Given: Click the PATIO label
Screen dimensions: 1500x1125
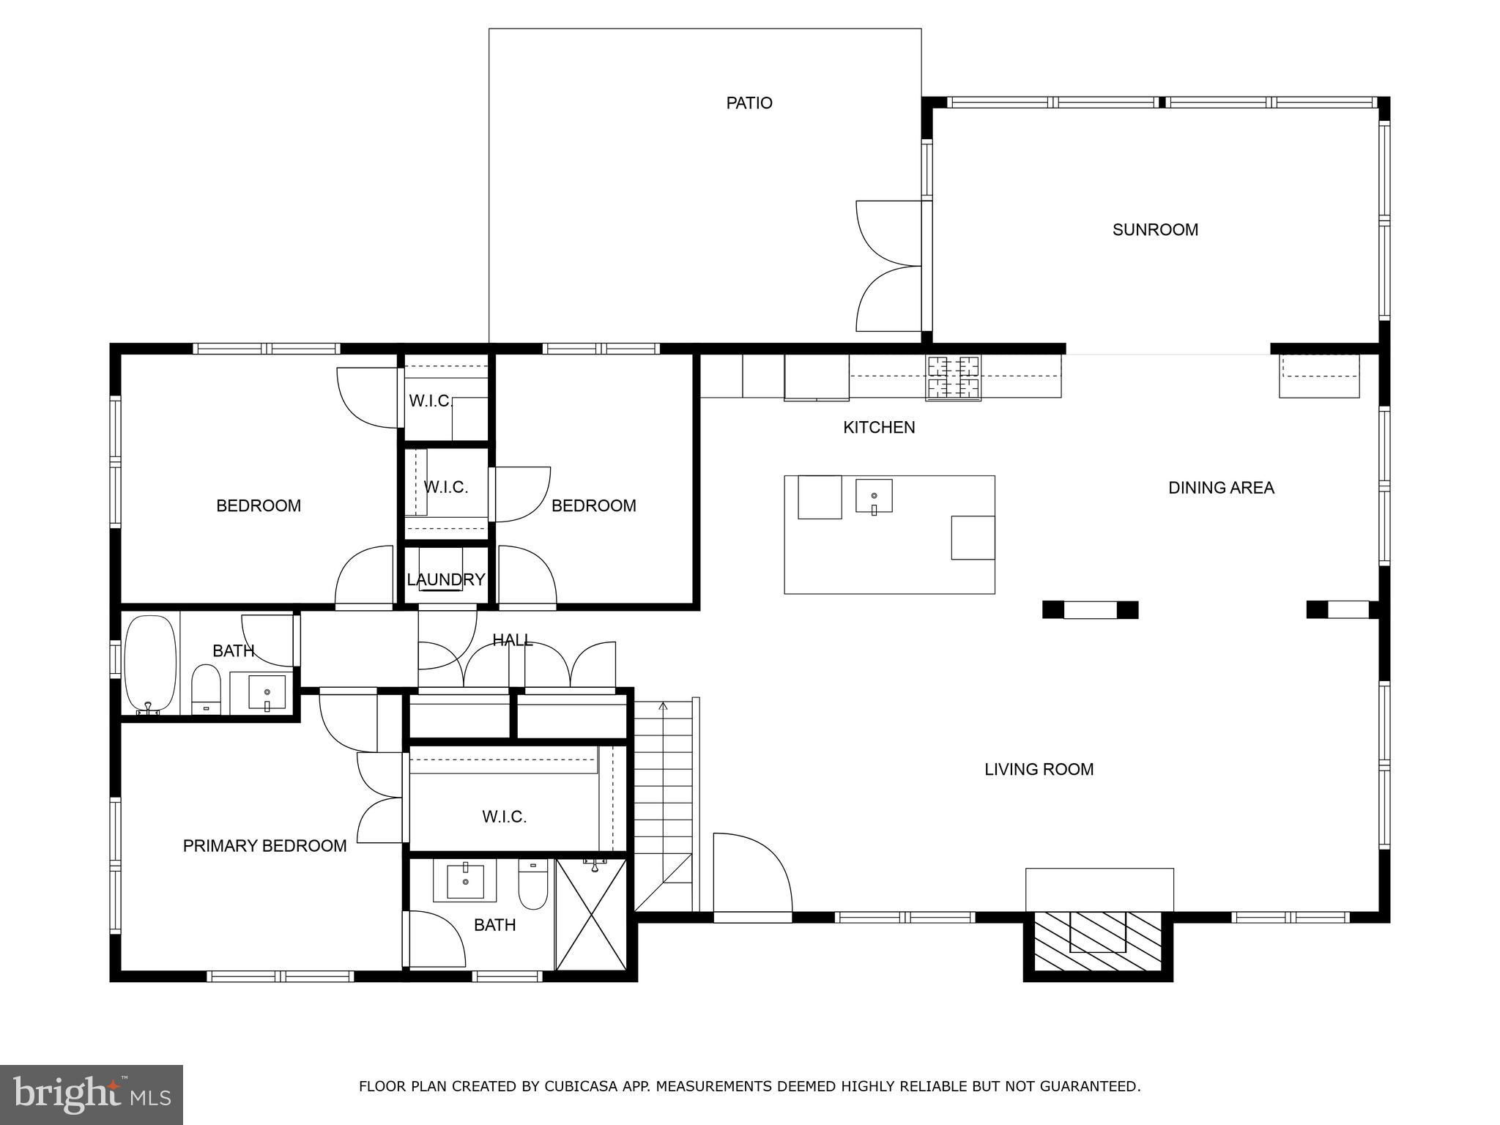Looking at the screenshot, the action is (749, 103).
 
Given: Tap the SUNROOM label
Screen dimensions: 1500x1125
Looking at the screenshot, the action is (1155, 230).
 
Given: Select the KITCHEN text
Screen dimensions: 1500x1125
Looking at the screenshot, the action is (879, 428).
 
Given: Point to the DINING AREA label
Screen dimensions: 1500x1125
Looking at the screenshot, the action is (1221, 488).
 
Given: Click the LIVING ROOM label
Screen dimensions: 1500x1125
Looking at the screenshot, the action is (1039, 770).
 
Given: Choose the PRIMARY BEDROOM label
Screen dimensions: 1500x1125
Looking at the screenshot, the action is (264, 846).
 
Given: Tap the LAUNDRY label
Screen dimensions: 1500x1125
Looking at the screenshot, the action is (445, 580).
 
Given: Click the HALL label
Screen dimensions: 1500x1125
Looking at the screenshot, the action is (513, 640).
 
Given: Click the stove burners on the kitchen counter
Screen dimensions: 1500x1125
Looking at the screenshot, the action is (954, 377).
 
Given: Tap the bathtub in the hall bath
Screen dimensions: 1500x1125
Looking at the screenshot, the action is (151, 664).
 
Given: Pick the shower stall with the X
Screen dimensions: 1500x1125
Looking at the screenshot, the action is (591, 914).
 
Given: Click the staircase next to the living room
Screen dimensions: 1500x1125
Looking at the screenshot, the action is (663, 805).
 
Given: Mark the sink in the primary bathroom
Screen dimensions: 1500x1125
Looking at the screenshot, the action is (465, 880).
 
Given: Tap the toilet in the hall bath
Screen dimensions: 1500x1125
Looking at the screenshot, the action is (206, 689).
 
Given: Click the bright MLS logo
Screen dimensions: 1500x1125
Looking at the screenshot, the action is (92, 1094).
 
